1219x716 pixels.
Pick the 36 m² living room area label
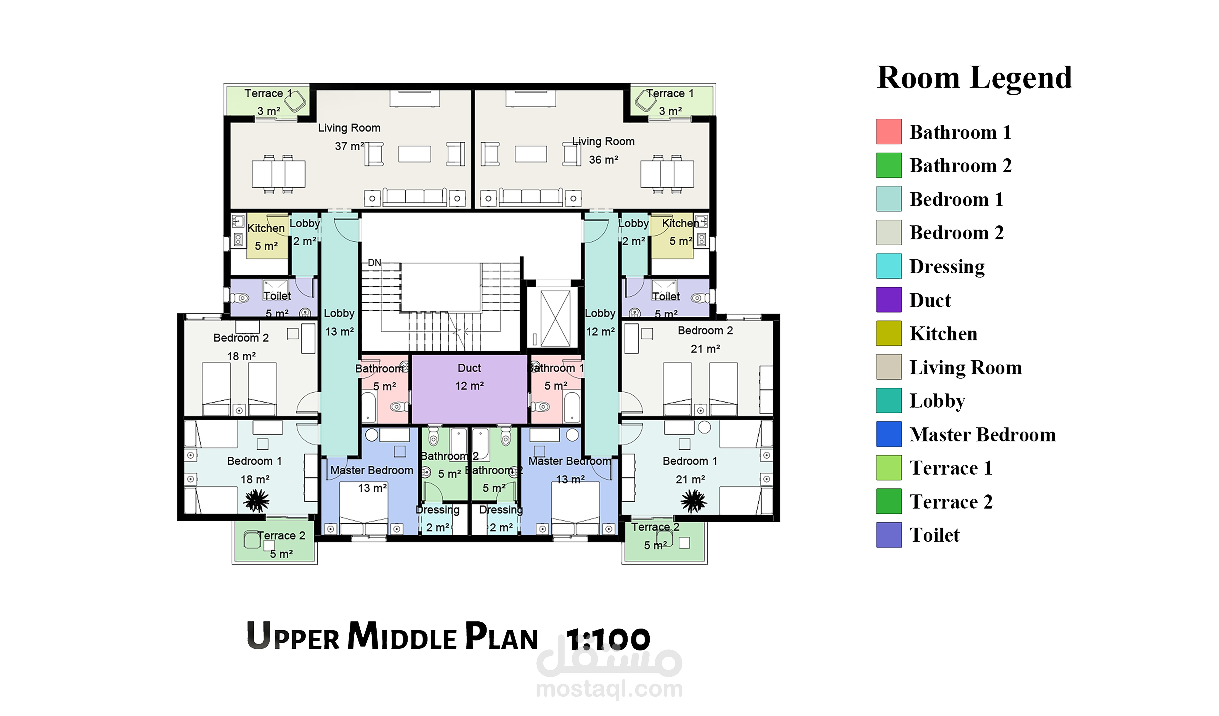[x=603, y=160]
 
